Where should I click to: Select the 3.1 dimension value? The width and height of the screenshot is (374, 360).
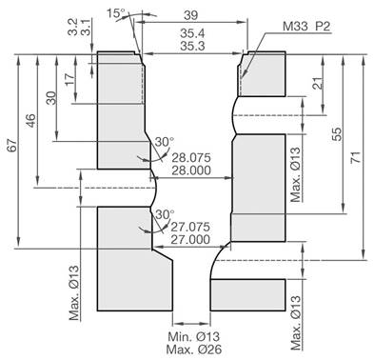88,25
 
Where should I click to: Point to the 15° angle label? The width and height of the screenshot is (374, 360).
116,13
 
